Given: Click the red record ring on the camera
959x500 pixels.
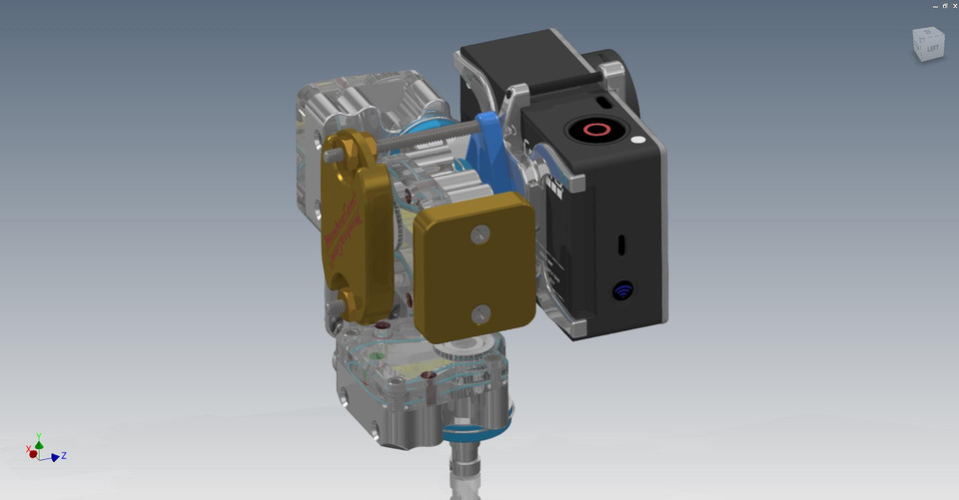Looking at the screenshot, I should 595,130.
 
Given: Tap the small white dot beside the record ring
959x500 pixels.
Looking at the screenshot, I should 636,140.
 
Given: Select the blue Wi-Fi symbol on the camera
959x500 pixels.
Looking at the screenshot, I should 623,291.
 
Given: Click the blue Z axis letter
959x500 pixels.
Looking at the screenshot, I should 64,456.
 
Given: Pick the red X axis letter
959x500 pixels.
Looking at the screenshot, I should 27,450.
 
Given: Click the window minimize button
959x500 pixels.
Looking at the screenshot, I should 934,6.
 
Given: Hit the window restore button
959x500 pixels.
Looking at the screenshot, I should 944,6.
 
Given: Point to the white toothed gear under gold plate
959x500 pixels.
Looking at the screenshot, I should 470,344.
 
